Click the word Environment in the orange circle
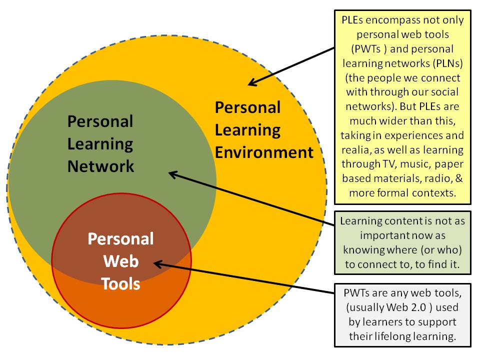pyautogui.click(x=264, y=152)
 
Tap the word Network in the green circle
pyautogui.click(x=100, y=166)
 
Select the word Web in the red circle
pyautogui.click(x=121, y=261)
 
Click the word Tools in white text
pyautogui.click(x=120, y=283)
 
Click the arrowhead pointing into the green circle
pyautogui.click(x=173, y=174)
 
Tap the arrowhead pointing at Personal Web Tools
pyautogui.click(x=158, y=264)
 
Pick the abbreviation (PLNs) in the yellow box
pyautogui.click(x=447, y=63)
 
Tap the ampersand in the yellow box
pyautogui.click(x=459, y=178)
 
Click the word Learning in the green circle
pyautogui.click(x=100, y=144)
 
